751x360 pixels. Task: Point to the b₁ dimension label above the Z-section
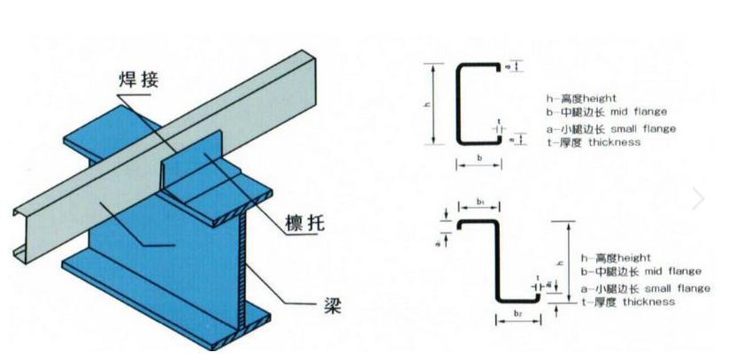[478, 203]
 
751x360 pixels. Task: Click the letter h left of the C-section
[426, 104]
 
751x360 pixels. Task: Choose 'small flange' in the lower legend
[679, 288]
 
